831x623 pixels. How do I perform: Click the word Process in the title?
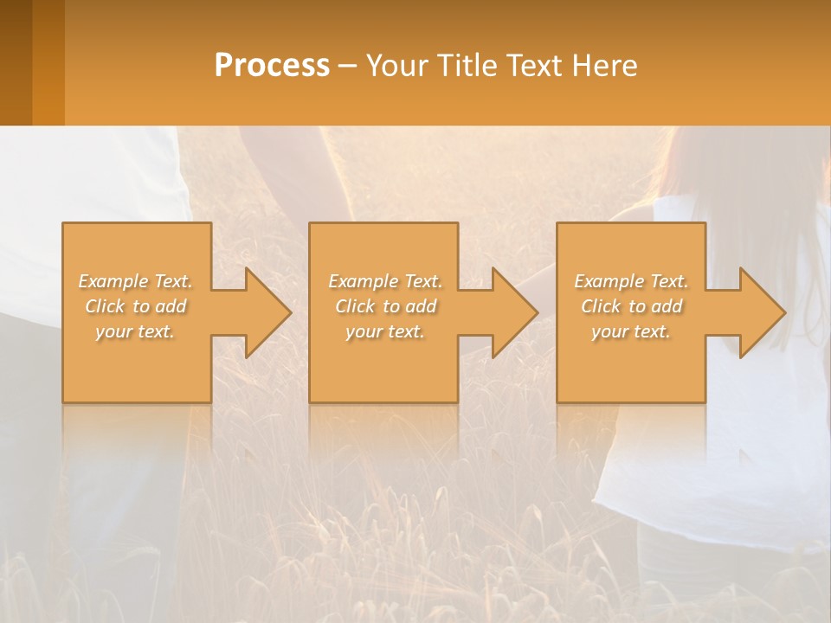[272, 66]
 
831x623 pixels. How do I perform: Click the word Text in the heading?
[534, 66]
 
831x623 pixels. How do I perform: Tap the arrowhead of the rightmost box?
[761, 312]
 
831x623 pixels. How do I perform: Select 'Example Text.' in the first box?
[136, 281]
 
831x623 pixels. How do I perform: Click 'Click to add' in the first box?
[136, 306]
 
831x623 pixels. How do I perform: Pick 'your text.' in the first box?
[136, 331]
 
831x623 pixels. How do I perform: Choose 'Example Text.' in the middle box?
[385, 281]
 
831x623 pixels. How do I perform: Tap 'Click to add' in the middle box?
[385, 306]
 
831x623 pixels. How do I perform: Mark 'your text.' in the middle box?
[385, 331]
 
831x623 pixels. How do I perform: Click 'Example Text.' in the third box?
[631, 281]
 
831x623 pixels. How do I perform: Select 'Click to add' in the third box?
[631, 306]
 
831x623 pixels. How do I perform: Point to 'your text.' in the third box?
[631, 331]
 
